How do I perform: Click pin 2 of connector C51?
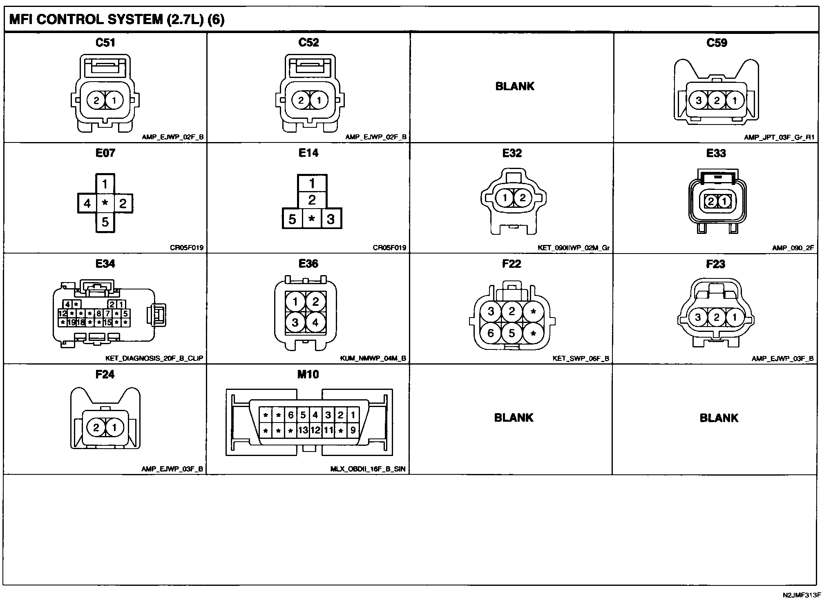click(96, 100)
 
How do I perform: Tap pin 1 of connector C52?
click(319, 100)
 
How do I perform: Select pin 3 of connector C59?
click(699, 100)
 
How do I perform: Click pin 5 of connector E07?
click(105, 222)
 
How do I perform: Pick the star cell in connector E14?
click(312, 219)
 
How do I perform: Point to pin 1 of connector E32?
click(505, 198)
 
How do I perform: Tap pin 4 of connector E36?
click(315, 323)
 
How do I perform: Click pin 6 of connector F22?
click(491, 334)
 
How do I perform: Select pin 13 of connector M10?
click(303, 430)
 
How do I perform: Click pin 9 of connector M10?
click(353, 430)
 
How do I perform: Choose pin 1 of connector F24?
click(114, 427)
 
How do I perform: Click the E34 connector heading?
click(105, 264)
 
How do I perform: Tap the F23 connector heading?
click(716, 264)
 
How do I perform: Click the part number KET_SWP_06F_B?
click(581, 358)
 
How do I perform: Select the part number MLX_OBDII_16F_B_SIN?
click(368, 469)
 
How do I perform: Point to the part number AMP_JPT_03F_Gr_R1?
click(779, 138)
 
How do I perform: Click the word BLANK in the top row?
click(515, 86)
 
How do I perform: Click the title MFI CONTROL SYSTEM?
click(86, 20)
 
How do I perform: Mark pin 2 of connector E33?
click(711, 201)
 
